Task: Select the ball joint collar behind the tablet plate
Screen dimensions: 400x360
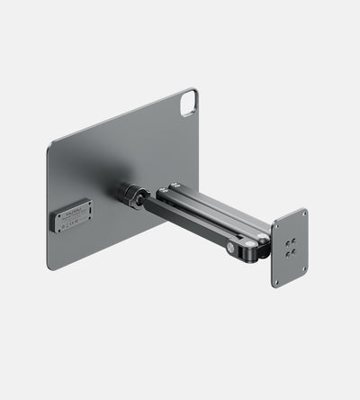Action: coord(132,195)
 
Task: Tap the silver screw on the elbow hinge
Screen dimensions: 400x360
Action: coord(231,246)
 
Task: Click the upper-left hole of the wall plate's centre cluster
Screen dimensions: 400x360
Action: coord(286,243)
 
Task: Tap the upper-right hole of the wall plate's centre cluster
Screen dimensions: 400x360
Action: coord(293,241)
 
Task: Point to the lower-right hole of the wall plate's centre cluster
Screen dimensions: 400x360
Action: coord(293,250)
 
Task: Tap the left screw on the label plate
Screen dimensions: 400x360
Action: coord(60,224)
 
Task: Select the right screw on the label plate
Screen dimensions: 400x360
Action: coord(87,210)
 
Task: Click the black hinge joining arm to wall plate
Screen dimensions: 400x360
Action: coord(262,243)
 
